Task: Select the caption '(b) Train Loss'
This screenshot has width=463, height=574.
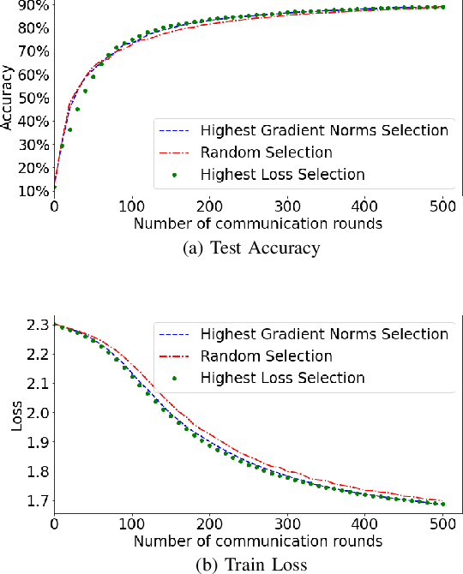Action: coord(250,565)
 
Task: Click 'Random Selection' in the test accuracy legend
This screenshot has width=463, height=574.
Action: coord(266,152)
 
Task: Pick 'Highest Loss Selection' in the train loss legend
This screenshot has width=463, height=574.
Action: coord(283,378)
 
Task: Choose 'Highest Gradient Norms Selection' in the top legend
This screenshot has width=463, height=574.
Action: coord(324,130)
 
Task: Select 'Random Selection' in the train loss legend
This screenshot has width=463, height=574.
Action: coord(266,356)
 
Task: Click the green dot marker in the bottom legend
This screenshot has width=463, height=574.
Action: coord(174,378)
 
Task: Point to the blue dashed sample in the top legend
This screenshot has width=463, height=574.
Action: coord(174,131)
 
